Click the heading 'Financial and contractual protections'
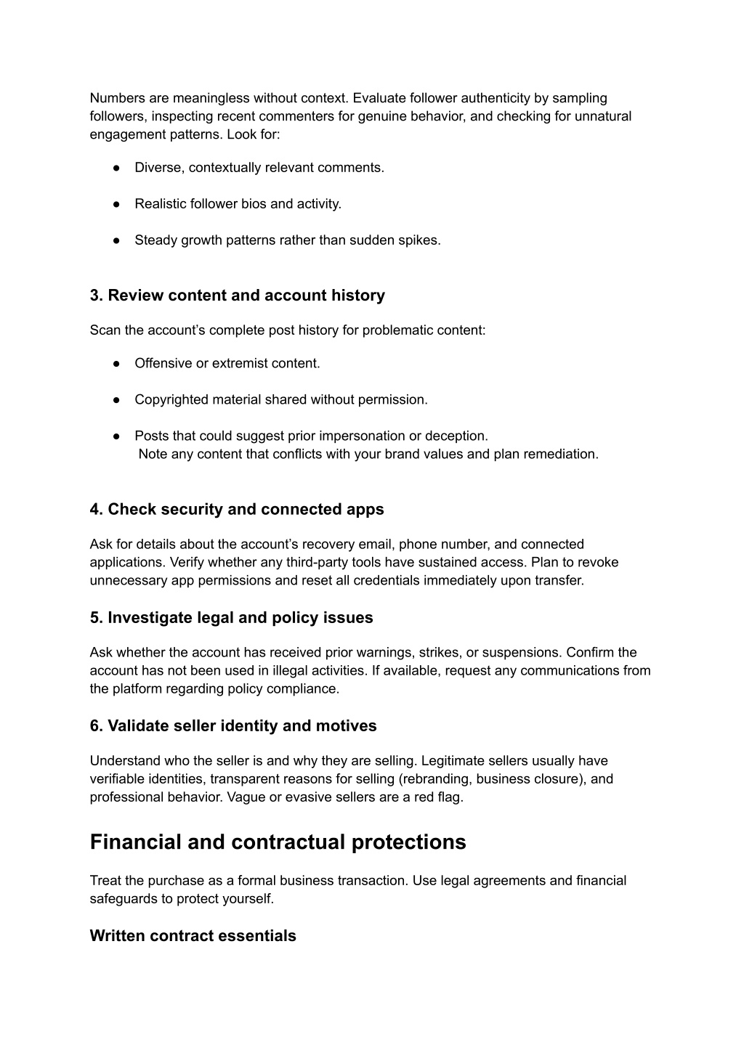[x=278, y=842]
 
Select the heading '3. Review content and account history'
[x=237, y=296]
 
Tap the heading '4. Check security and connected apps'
[x=236, y=510]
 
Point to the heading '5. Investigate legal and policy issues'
[x=231, y=618]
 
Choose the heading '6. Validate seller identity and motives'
[x=232, y=726]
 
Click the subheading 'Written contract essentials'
[x=193, y=936]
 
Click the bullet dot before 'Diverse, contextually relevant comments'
[x=116, y=168]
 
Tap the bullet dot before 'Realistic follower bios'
[x=116, y=204]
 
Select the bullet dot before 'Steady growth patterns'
[x=116, y=240]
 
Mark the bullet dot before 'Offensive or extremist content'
[x=116, y=364]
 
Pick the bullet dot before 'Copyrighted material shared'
[x=116, y=400]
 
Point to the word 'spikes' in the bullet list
[x=421, y=240]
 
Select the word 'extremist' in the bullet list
[x=239, y=364]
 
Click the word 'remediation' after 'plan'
[x=562, y=455]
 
